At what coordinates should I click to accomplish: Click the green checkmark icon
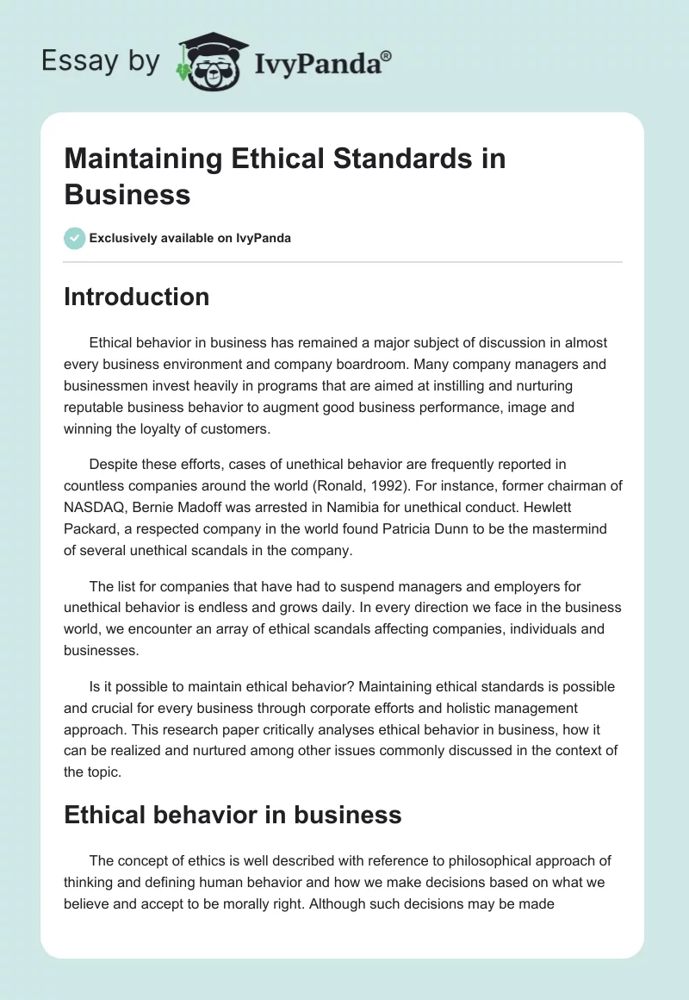pyautogui.click(x=75, y=238)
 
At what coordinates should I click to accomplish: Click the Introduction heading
pyautogui.click(x=136, y=297)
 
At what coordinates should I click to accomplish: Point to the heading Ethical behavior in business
pyautogui.click(x=233, y=815)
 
